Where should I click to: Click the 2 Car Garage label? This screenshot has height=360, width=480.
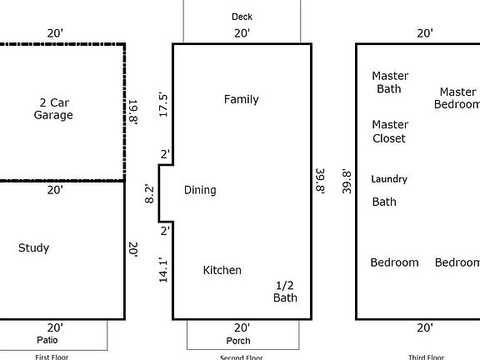click(53, 109)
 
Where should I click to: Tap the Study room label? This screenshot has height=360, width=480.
click(33, 247)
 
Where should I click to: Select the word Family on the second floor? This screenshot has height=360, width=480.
click(241, 99)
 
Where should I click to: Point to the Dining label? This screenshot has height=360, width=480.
click(200, 190)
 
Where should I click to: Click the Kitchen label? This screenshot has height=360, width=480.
click(222, 270)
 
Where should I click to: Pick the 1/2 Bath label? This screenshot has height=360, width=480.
click(286, 292)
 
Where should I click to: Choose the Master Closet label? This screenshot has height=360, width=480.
click(389, 132)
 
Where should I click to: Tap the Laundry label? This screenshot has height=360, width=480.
click(389, 179)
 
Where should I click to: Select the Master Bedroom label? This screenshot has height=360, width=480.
click(457, 98)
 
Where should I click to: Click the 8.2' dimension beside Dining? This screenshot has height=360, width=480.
click(150, 194)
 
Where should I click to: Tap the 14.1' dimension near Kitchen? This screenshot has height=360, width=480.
click(164, 270)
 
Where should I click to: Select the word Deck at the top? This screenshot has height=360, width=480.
click(242, 17)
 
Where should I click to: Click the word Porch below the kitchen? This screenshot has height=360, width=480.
click(238, 341)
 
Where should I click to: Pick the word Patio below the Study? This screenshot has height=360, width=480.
click(47, 340)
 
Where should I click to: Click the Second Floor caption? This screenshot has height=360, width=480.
click(242, 357)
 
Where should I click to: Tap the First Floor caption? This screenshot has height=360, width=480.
click(52, 357)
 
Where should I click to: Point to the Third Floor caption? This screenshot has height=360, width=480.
click(425, 357)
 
